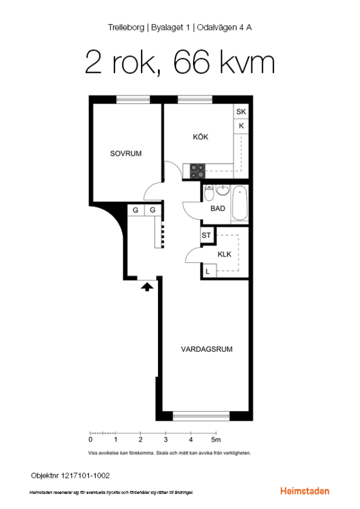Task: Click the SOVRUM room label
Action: (x=126, y=153)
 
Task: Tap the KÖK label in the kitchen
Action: (x=200, y=137)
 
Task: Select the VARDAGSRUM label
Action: (x=207, y=350)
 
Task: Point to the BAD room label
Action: (x=218, y=208)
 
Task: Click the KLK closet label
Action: (x=225, y=254)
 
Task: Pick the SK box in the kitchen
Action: (x=241, y=111)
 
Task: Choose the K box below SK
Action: (x=241, y=126)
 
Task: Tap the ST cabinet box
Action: (x=207, y=235)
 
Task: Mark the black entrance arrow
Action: (x=147, y=287)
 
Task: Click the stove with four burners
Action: (x=198, y=171)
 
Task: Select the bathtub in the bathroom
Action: (x=240, y=204)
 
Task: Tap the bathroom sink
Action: (x=223, y=191)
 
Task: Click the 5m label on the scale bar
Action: (x=216, y=439)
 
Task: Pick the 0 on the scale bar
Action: (x=91, y=439)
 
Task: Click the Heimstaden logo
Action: (x=305, y=491)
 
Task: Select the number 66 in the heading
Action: (x=191, y=62)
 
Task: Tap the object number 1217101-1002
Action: (x=85, y=476)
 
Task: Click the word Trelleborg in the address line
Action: (x=126, y=28)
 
